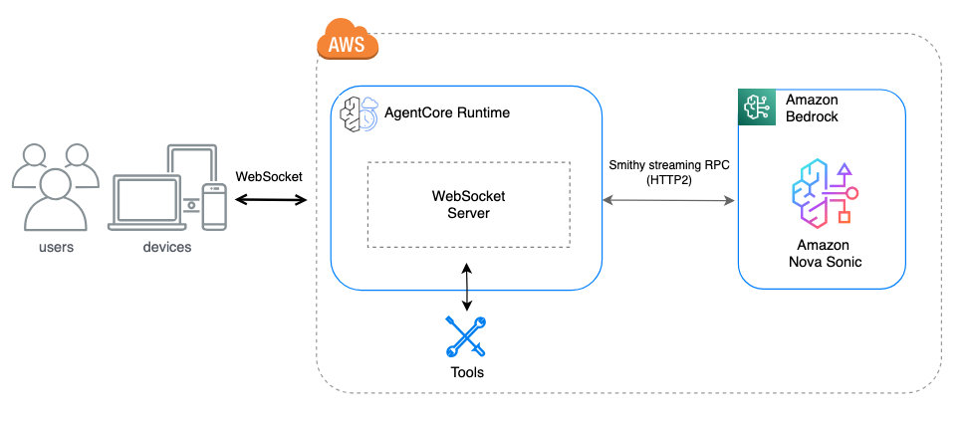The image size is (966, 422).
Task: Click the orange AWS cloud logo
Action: tap(348, 42)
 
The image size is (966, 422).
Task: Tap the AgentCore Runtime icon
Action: tap(357, 114)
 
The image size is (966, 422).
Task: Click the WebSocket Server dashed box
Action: tap(468, 204)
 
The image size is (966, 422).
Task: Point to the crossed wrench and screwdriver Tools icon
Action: tap(465, 336)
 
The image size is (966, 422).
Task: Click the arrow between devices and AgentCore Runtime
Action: tap(271, 200)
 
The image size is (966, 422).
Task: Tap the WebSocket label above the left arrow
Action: tap(269, 176)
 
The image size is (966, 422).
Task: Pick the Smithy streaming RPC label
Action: tap(669, 171)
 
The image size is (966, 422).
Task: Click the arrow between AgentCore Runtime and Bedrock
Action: tap(668, 200)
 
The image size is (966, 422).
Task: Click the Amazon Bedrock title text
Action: tap(813, 108)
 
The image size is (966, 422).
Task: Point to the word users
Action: tap(55, 247)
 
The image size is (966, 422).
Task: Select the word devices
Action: tap(166, 247)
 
